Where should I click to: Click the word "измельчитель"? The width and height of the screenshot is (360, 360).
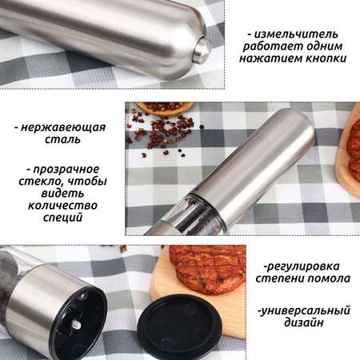pos(296,34)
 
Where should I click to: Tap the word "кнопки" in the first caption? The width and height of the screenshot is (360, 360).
pos(326,58)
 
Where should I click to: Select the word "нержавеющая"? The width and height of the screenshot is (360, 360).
pos(63,127)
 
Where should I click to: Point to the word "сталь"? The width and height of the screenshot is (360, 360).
pos(62,139)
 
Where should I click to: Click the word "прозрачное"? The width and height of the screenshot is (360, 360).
pos(66,170)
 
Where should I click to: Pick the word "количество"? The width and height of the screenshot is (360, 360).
pos(62,206)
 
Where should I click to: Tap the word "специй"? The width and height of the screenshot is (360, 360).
pos(62,218)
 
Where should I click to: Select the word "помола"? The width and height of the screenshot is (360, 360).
pos(329,278)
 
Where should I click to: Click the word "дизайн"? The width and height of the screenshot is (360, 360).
pos(303,322)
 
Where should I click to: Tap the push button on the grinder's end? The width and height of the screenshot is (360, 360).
pos(202,51)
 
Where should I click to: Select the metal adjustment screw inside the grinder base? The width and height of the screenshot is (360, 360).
pos(77,324)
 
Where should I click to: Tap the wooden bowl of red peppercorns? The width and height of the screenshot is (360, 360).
pos(165,108)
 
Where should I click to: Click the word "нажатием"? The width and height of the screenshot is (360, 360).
pos(270,58)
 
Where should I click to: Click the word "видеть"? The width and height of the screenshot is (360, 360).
pos(62,194)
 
